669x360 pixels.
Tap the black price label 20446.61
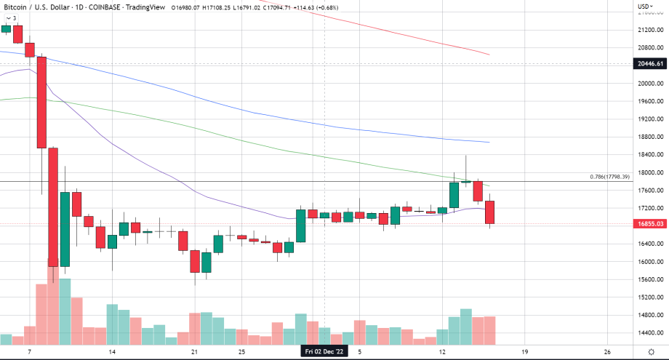[650, 64]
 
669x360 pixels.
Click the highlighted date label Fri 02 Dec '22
[324, 351]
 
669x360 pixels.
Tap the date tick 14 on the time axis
[112, 351]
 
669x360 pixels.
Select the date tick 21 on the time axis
[195, 351]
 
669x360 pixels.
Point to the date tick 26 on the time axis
[607, 351]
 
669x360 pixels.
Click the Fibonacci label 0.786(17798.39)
[610, 197]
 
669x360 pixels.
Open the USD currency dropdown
[644, 7]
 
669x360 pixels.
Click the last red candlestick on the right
[491, 212]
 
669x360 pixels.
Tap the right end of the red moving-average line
[488, 55]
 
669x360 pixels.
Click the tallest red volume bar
[52, 305]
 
